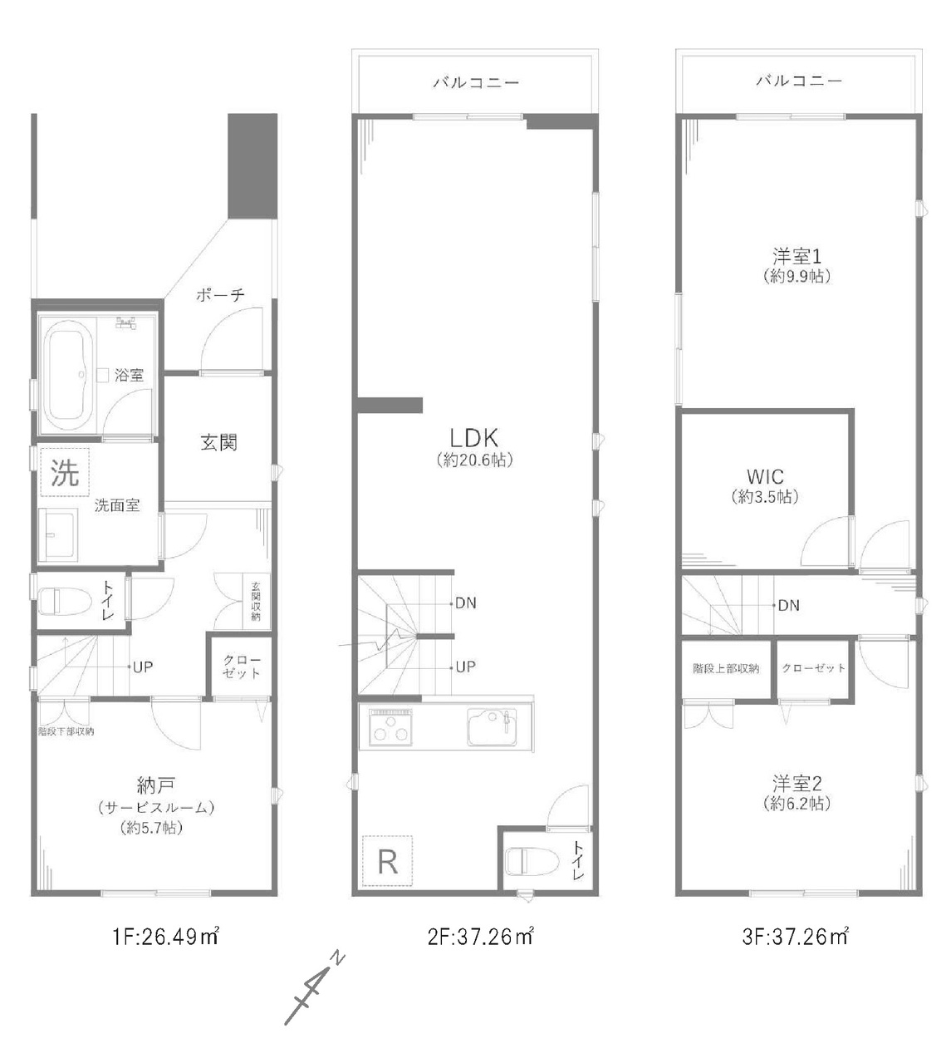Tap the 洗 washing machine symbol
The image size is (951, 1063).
pos(65,472)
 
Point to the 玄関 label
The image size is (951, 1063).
pos(218,442)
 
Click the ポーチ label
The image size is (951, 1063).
pos(220,295)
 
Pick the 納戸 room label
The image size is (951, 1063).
pos(155,785)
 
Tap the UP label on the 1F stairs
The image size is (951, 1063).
pos(143,667)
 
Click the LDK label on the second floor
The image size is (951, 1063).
pos(474,437)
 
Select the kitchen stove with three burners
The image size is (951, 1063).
pos(390,727)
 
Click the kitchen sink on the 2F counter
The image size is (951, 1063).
pos(492,726)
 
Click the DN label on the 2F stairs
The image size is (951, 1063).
pos(466,603)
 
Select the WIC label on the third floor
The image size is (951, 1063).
pos(765,477)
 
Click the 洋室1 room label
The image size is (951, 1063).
pos(797,256)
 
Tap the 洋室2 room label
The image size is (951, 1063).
pos(797,784)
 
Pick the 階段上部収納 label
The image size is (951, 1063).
pos(726,668)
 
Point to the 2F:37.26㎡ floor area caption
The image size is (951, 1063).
pos(480,937)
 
